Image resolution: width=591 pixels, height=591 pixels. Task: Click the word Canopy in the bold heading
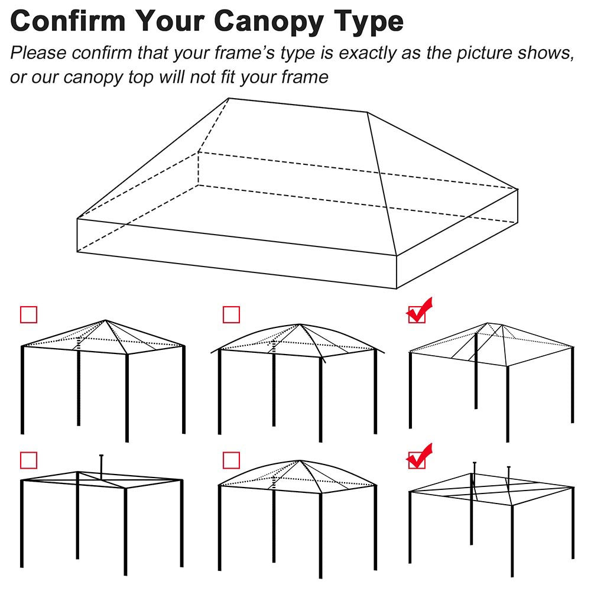[x=275, y=21]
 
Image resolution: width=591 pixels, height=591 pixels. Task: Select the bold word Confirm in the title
[x=69, y=21]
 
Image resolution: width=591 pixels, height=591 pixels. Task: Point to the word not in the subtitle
[x=197, y=77]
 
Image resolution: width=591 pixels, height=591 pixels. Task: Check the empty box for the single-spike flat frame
[x=28, y=460]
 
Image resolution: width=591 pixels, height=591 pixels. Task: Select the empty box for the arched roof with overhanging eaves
[x=231, y=314]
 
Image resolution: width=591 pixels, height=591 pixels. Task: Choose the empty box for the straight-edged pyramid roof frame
[x=28, y=314]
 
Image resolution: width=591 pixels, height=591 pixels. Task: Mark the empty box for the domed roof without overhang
[x=231, y=460]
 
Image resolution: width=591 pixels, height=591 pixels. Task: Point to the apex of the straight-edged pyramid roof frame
[x=105, y=320]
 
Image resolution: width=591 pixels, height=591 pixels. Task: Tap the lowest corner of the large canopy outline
[x=396, y=288]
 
